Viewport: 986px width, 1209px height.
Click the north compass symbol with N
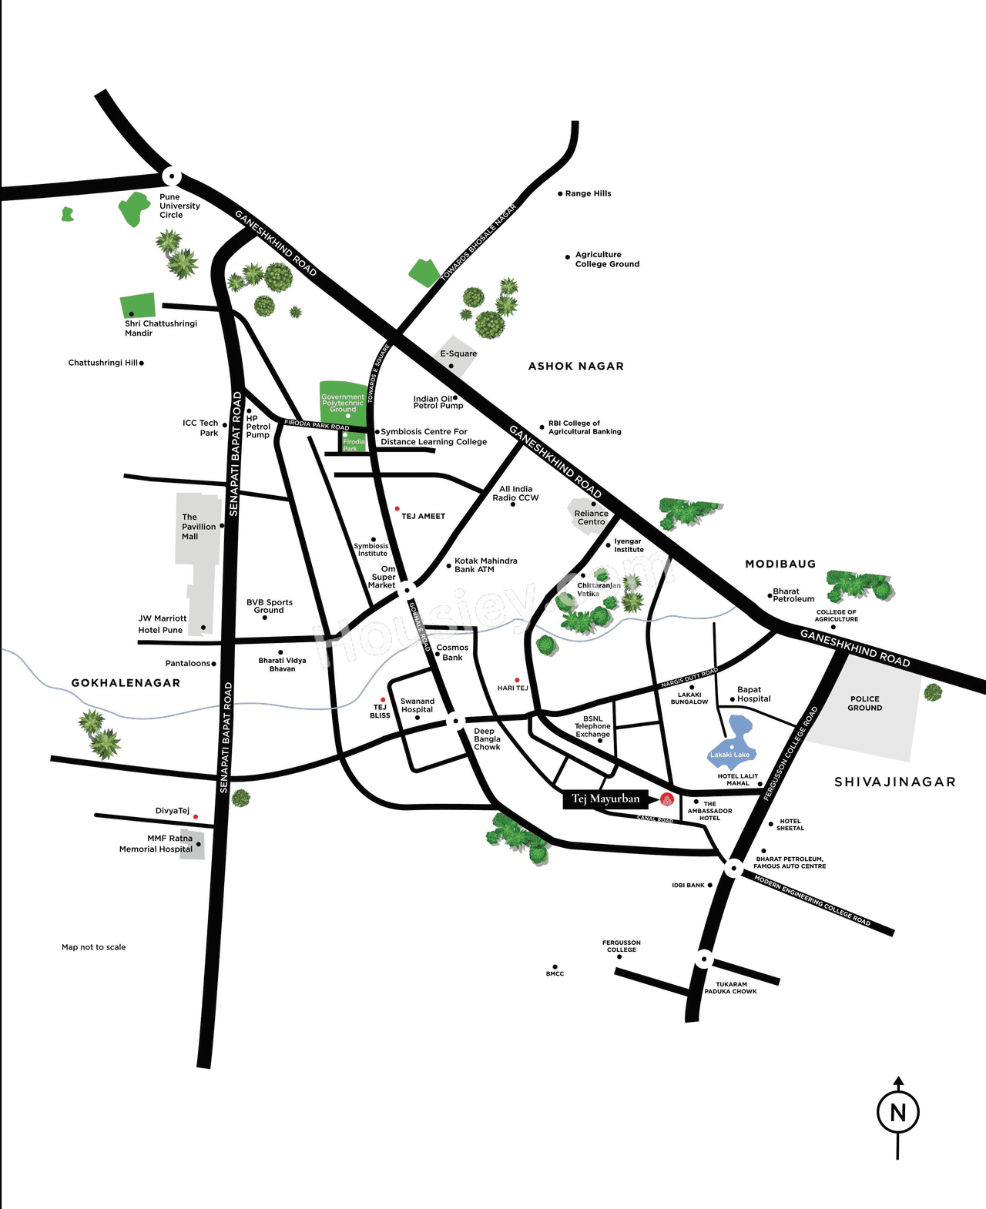click(897, 1112)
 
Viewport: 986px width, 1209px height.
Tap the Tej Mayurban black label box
click(605, 799)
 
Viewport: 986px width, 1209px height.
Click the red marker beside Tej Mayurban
click(667, 799)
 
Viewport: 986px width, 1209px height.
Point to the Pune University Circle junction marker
click(171, 176)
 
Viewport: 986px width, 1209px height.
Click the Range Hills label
click(588, 193)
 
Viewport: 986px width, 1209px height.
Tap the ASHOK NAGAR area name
click(575, 366)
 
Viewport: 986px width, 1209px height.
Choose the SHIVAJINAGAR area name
click(894, 782)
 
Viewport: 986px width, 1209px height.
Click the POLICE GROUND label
click(865, 703)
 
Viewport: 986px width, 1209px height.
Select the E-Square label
click(458, 353)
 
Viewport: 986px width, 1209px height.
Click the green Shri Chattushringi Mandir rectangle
click(138, 305)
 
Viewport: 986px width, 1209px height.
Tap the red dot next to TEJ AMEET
click(397, 509)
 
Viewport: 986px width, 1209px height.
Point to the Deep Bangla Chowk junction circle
click(456, 722)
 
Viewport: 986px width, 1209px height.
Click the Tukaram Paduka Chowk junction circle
click(703, 959)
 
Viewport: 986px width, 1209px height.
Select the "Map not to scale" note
click(93, 947)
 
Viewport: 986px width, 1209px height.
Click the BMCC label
click(555, 974)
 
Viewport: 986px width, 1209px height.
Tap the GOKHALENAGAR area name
click(126, 682)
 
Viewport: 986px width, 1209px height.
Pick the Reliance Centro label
click(591, 517)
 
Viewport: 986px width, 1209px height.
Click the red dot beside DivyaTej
click(196, 816)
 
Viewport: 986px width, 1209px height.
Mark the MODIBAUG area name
click(780, 564)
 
